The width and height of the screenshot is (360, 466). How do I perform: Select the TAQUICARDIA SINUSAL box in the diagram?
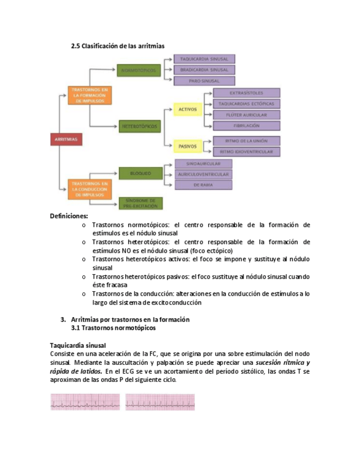204,59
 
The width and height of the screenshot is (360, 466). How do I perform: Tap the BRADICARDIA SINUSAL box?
204,70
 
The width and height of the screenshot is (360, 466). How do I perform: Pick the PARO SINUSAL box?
204,81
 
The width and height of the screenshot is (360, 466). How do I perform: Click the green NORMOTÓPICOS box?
139,70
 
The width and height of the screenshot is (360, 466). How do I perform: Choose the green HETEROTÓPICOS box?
139,126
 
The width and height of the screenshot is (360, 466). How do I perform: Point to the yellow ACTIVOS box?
188,110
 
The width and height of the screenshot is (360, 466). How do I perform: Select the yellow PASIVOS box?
188,146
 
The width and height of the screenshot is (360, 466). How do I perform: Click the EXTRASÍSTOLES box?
246,93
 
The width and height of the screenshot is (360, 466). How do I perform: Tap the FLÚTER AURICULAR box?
246,114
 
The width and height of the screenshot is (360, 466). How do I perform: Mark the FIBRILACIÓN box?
246,125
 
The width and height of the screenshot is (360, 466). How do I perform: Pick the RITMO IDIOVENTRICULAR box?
246,151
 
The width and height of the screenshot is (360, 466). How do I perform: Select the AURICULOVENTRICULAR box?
203,174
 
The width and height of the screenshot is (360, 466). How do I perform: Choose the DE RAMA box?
203,185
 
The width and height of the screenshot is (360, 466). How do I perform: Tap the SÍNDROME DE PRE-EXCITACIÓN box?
141,203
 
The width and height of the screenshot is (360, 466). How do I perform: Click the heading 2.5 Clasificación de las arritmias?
118,46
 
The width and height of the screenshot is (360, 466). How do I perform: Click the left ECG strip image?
85,402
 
